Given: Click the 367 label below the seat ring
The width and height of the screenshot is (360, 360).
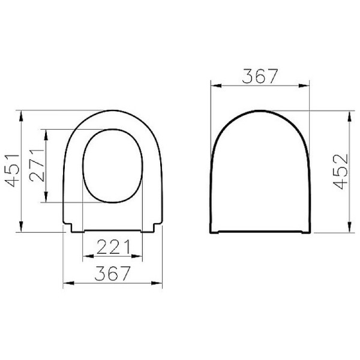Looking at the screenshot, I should [x=112, y=274].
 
